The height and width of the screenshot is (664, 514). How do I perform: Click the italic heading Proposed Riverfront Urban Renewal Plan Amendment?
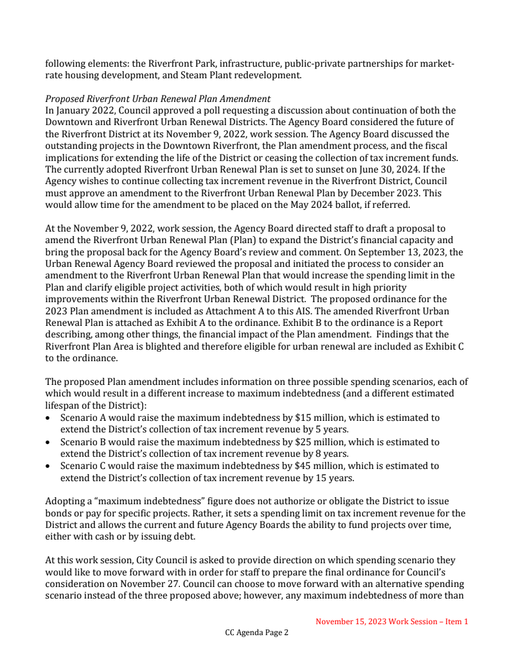pyautogui.click(x=158, y=99)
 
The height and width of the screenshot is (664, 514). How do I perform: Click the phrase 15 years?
pyautogui.click(x=335, y=478)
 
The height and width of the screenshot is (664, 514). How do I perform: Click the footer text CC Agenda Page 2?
pyautogui.click(x=257, y=633)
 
